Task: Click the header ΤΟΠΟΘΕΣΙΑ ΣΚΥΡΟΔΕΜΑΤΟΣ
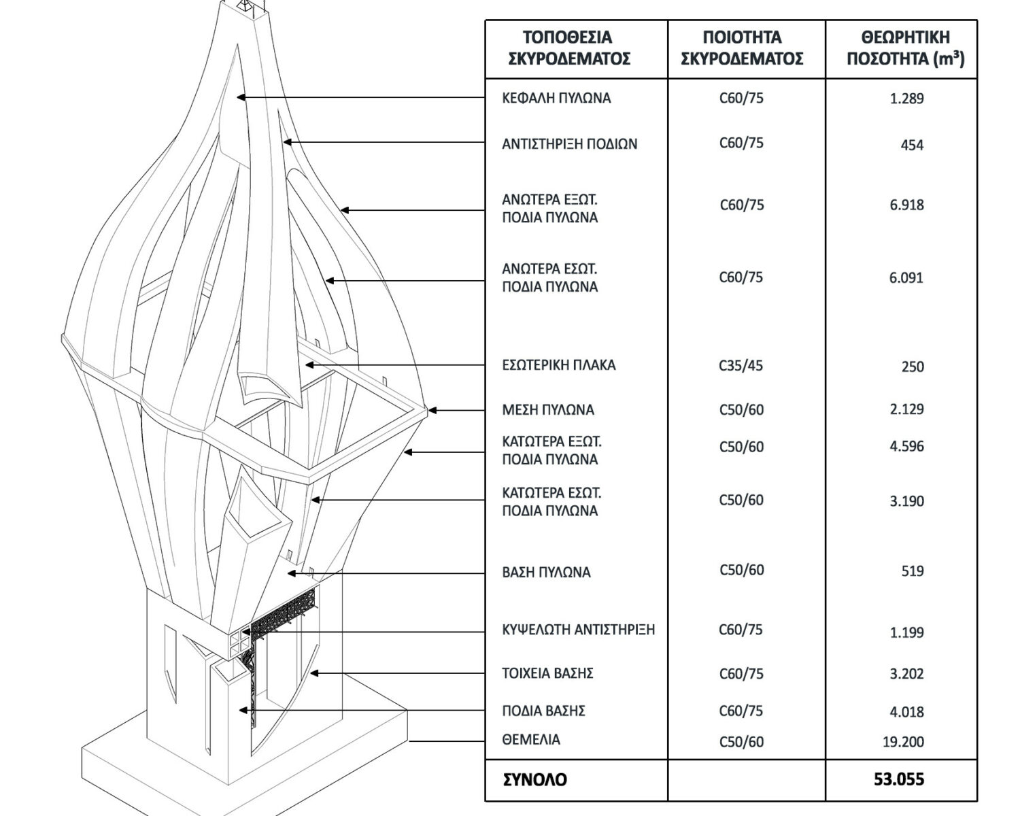coord(569,48)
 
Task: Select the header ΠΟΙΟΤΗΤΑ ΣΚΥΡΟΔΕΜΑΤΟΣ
coord(742,48)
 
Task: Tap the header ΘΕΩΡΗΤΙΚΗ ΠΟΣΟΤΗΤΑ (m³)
coord(905,48)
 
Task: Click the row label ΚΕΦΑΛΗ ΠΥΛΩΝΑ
coord(556,98)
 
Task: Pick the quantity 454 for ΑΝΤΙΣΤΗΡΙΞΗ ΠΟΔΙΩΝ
coord(912,145)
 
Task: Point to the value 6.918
coord(906,205)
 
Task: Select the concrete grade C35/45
coord(741,366)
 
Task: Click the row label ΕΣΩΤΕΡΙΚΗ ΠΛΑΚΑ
coord(559,365)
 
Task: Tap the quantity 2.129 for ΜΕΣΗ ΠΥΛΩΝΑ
coord(906,409)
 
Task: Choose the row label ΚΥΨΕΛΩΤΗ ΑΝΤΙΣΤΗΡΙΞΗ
coord(578,630)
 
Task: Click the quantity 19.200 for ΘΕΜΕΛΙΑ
coord(904,742)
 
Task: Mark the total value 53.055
coord(899,779)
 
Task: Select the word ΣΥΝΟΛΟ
coord(534,780)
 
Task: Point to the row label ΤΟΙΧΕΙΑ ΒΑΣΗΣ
coord(547,673)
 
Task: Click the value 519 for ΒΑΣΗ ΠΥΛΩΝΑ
coord(913,571)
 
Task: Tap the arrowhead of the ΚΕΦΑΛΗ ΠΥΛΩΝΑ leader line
coord(241,97)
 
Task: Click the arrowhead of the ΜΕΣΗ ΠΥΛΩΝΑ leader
coord(432,411)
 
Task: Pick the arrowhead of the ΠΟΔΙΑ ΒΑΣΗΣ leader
coord(243,711)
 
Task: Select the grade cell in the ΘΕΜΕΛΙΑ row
coord(741,742)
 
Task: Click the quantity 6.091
coord(906,277)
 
